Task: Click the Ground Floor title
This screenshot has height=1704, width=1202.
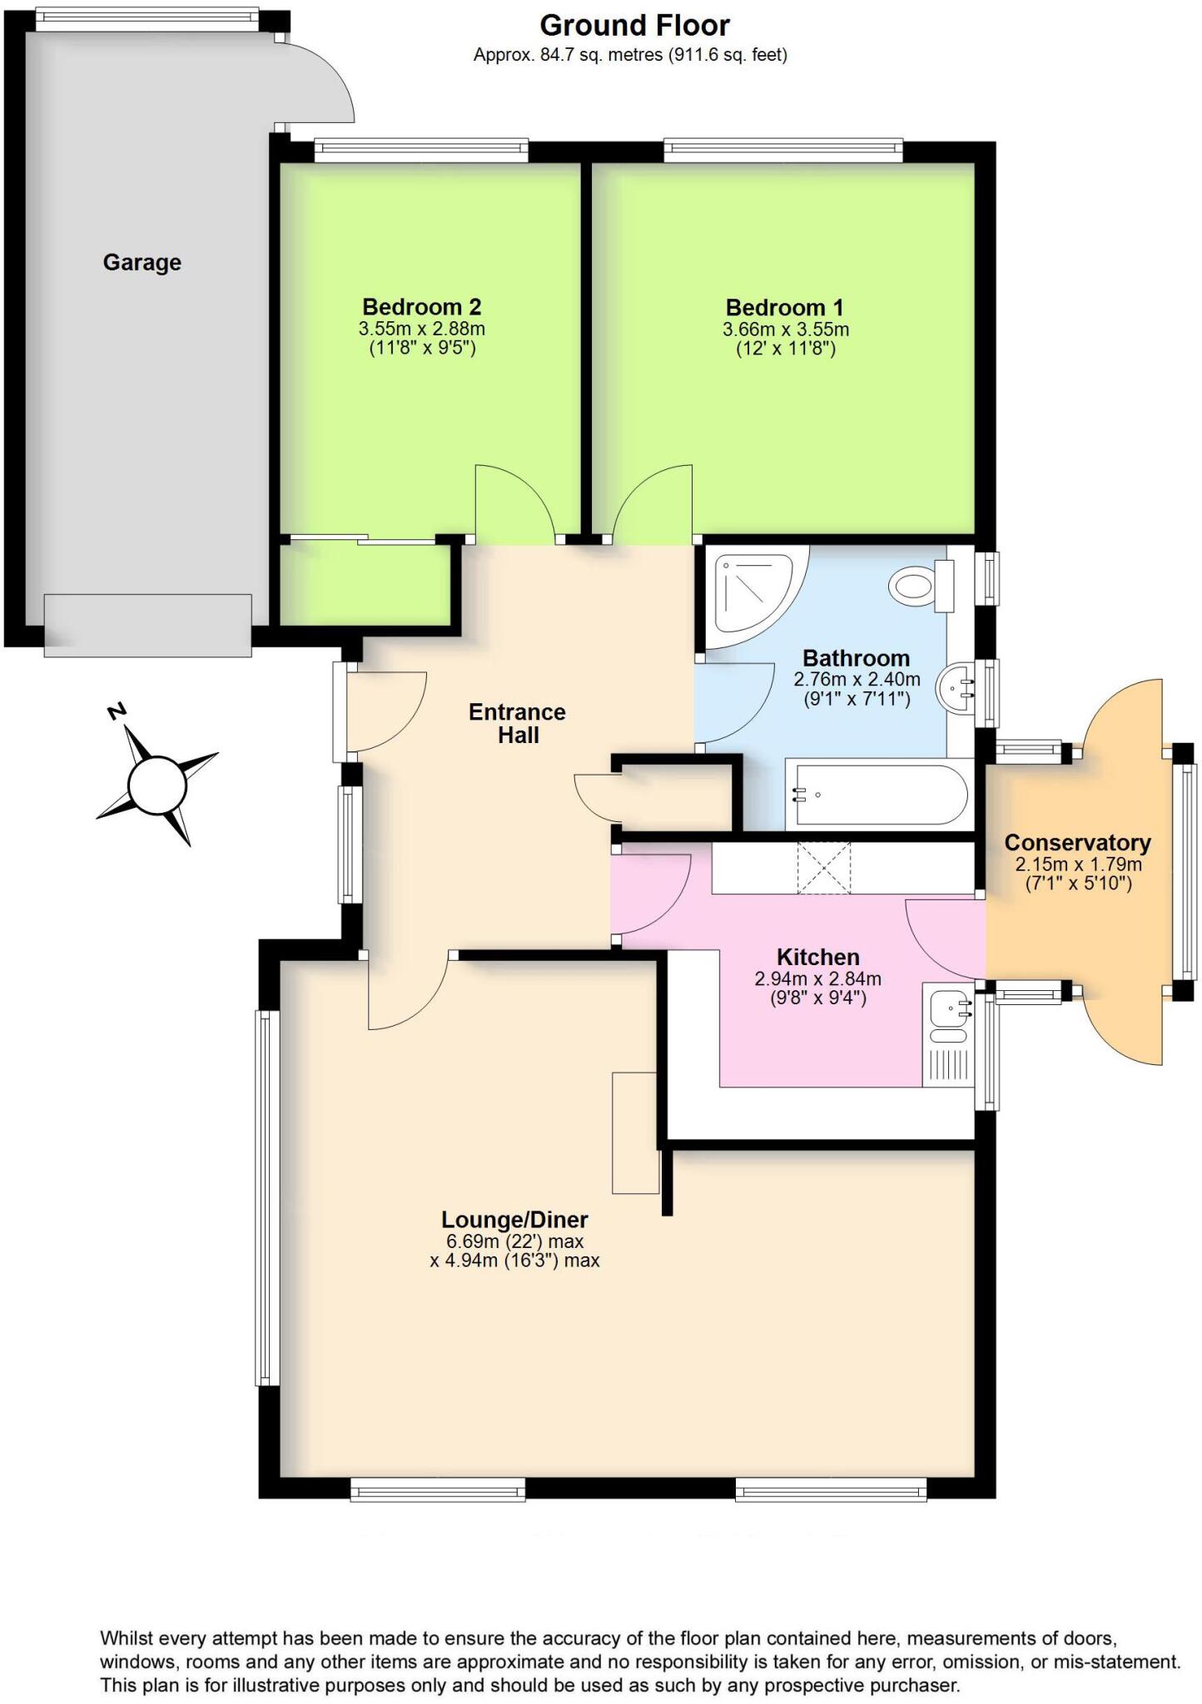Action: [634, 26]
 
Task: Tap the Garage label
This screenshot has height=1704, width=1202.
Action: [142, 263]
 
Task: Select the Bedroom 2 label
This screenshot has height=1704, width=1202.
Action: [421, 307]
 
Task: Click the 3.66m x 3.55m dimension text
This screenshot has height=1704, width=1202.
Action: [785, 329]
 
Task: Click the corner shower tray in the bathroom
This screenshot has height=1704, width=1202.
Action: [753, 594]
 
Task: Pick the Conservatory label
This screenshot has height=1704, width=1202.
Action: [1077, 843]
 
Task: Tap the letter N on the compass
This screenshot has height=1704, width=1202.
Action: [117, 711]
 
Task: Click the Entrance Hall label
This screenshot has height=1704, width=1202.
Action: [517, 723]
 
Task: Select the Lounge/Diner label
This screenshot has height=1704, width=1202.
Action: [514, 1220]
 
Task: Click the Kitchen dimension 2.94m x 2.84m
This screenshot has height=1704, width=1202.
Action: [817, 979]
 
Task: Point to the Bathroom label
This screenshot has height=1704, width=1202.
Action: [856, 658]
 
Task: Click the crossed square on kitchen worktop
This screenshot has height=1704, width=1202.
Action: [823, 869]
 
